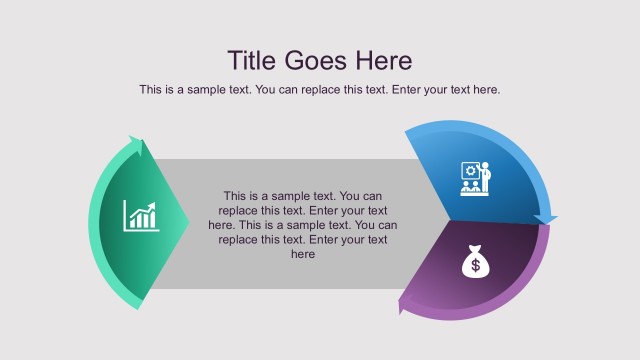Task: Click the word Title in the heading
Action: pos(252,60)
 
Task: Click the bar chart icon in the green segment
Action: pos(141,215)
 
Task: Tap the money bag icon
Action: pos(474,262)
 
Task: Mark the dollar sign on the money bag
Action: pos(474,266)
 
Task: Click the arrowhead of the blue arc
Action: pos(545,218)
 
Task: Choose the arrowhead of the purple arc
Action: pos(406,304)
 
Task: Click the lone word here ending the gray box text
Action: pos(303,255)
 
